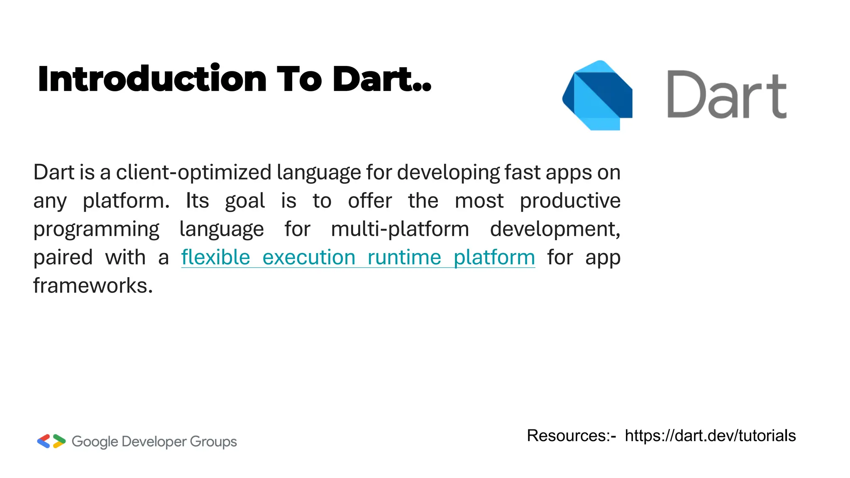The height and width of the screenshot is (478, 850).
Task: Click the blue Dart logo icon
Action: (x=598, y=95)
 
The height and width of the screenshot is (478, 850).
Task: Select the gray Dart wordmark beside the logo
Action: (x=726, y=95)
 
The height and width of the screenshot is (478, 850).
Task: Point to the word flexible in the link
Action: (x=215, y=258)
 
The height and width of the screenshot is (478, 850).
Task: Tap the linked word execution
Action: (x=309, y=258)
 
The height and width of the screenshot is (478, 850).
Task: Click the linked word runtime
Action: (x=404, y=258)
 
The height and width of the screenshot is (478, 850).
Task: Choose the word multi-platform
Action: (x=400, y=229)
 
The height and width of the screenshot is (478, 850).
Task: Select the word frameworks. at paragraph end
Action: (x=93, y=286)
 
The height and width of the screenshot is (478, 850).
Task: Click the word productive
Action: (x=570, y=201)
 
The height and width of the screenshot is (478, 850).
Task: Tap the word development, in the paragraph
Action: (x=555, y=229)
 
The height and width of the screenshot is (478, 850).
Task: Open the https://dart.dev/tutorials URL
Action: (x=710, y=436)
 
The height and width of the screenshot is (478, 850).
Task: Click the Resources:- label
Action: (x=571, y=436)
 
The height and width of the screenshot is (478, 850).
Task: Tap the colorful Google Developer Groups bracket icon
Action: (x=51, y=441)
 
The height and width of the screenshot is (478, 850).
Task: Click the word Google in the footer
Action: (x=95, y=442)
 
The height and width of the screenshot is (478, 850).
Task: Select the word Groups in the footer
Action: (x=213, y=442)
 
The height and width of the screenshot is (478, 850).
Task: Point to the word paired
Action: (x=63, y=258)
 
